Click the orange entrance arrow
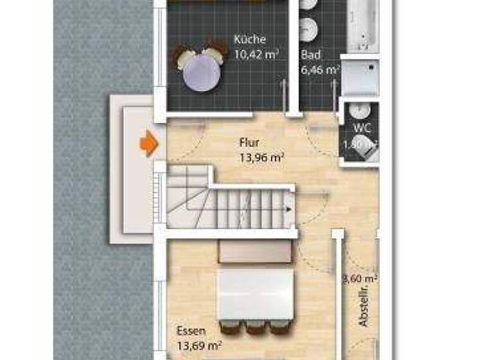pos(149,143)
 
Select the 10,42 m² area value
pos(255,54)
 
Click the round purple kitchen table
pos(201,71)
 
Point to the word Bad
pos(311,55)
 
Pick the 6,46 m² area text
pos(320,69)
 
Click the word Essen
pos(190,332)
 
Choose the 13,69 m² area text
pos(199,346)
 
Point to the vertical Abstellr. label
pos(364,308)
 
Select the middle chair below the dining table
pos(255,327)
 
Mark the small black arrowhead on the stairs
pos(287,208)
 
